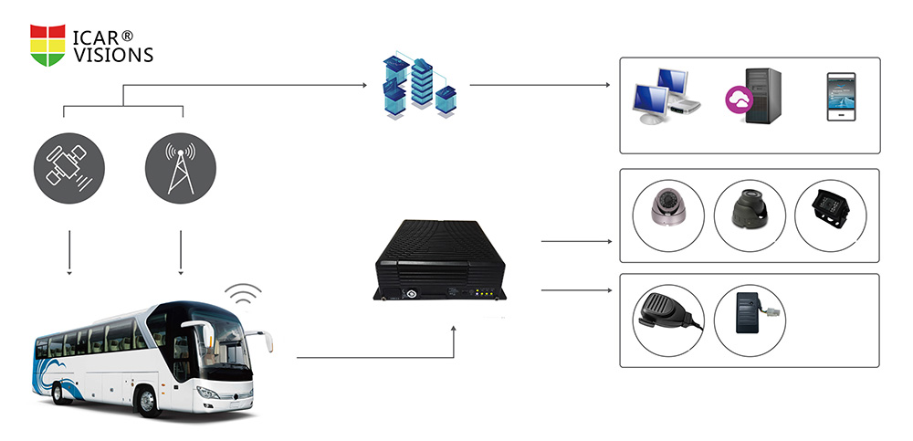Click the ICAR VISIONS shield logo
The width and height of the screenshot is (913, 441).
click(47, 45)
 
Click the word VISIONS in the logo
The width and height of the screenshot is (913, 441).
click(113, 55)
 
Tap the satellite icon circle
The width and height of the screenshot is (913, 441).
click(69, 168)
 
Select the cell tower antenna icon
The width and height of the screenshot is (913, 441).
click(181, 168)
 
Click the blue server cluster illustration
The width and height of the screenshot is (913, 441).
click(419, 88)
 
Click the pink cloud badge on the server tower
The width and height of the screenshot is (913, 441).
click(739, 100)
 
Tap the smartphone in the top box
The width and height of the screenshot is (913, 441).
click(842, 97)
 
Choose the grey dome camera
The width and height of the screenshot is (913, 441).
click(667, 207)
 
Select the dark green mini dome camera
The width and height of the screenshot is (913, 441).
click(750, 208)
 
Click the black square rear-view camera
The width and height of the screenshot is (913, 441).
click(831, 208)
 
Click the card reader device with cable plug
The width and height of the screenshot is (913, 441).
click(753, 312)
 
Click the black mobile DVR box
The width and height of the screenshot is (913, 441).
click(440, 260)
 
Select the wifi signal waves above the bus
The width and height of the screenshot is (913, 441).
click(244, 294)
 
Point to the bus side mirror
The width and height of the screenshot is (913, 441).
click(267, 341)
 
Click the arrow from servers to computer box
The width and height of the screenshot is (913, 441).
click(540, 85)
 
